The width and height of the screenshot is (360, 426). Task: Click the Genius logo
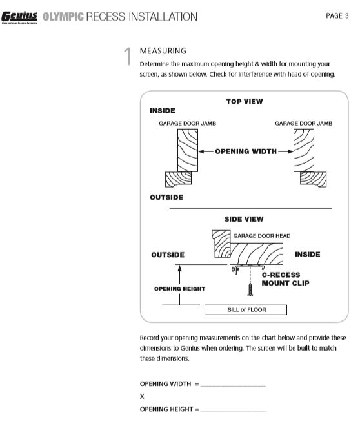coord(19,17)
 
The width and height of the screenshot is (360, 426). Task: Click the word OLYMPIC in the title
coord(63,17)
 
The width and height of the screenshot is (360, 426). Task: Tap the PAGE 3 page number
coord(337,15)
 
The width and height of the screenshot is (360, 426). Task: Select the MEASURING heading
coord(163,51)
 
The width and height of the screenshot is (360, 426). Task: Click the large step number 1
coord(128,56)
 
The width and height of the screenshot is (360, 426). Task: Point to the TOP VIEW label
coord(245,102)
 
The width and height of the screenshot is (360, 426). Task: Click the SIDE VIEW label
coord(244,219)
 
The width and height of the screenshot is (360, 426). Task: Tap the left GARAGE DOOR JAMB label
coord(187,123)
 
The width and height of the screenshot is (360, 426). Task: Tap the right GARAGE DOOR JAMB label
coord(303,123)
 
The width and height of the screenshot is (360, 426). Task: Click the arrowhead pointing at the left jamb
coord(201,151)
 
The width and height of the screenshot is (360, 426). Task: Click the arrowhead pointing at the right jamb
coord(291,151)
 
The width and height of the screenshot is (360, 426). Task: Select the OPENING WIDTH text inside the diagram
coord(246,151)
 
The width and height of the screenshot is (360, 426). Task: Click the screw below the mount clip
coord(250,289)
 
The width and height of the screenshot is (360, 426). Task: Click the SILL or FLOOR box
coord(246,310)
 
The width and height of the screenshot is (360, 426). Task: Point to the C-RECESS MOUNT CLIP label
coord(285,279)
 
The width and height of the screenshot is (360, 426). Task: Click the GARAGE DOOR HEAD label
coord(262,236)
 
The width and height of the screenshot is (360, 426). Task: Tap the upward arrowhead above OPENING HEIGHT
coord(179,268)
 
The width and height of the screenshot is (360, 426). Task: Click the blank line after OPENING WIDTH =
coord(233,386)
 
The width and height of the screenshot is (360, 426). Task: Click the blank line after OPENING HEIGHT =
coord(233,411)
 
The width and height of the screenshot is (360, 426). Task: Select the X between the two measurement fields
coord(142,396)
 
